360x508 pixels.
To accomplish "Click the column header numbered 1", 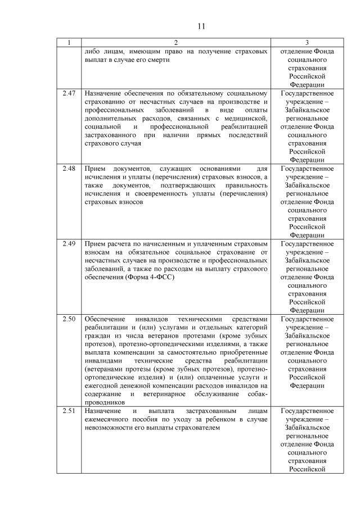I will (69, 43).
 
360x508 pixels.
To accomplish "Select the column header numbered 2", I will (175, 43).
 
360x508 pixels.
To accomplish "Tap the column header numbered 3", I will (307, 43).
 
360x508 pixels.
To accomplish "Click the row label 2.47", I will (69, 93).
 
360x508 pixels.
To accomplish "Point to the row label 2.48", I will (69, 169).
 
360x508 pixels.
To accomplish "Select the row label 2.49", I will (69, 244).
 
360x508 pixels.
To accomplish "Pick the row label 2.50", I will (69, 319).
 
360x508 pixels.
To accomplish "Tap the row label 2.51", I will (69, 411).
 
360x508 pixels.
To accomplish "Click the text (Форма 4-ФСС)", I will (141, 278).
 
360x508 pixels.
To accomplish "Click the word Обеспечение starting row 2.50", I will (105, 319).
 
